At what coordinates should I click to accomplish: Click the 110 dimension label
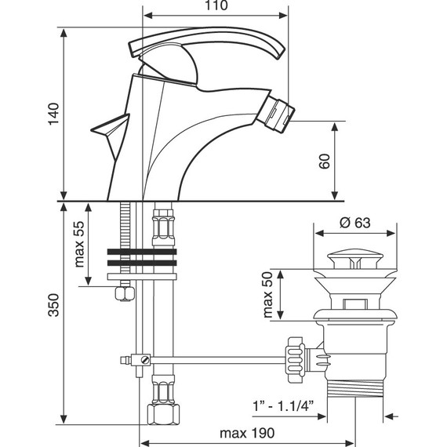(216, 5)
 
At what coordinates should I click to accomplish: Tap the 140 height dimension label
(53, 114)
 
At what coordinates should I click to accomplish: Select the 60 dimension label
(325, 161)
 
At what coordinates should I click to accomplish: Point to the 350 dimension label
(53, 305)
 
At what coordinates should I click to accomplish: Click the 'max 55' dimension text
(79, 244)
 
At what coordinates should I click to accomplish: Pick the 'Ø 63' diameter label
(355, 223)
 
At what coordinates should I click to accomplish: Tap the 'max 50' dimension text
(268, 295)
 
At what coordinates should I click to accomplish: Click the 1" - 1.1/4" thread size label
(283, 406)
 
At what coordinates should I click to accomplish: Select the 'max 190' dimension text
(247, 434)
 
